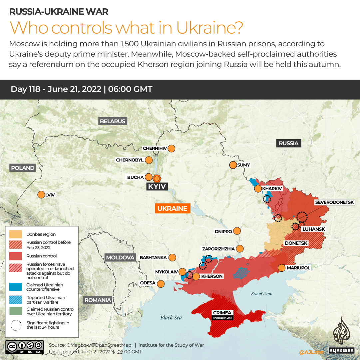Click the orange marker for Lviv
(x=41, y=195)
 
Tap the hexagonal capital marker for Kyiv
(x=157, y=178)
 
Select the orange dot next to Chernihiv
(x=172, y=149)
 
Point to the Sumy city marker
(x=233, y=165)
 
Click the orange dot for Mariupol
(x=281, y=268)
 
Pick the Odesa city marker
(x=161, y=284)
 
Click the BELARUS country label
(x=113, y=121)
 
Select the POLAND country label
(x=23, y=168)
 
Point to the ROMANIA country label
(x=98, y=300)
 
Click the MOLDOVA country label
(x=120, y=257)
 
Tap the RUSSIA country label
(x=288, y=143)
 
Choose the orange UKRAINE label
(x=172, y=208)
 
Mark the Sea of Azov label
(x=262, y=293)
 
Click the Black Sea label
(x=171, y=317)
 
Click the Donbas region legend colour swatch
(x=16, y=234)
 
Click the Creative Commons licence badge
(x=25, y=346)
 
